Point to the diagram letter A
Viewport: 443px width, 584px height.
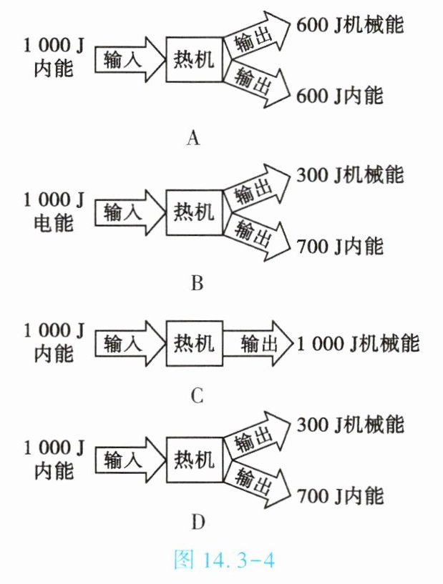192,138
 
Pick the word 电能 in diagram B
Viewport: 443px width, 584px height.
54,223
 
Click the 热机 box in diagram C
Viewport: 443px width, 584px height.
193,344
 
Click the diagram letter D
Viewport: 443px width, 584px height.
198,523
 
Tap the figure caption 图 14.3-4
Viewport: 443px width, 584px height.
223,560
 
